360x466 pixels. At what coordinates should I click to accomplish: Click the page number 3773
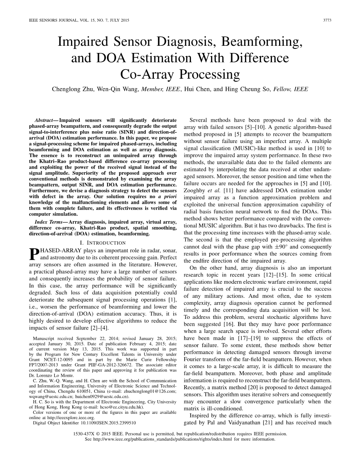tap(327, 20)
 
